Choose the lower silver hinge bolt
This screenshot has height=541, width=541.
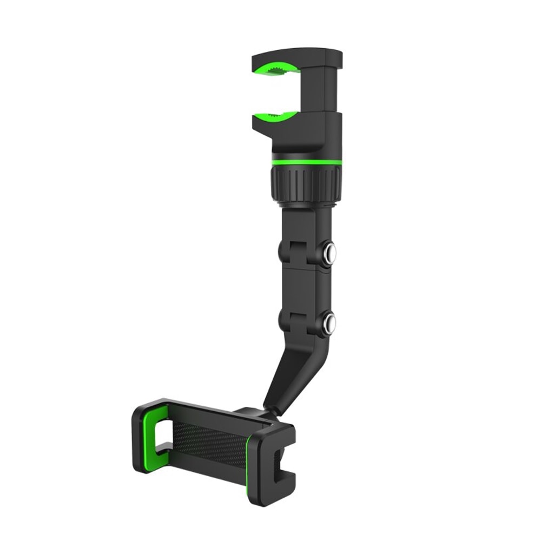329,323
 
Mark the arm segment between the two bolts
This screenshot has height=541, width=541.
306,287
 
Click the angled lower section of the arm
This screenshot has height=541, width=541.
295,373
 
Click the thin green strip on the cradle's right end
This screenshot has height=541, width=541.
250,465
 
